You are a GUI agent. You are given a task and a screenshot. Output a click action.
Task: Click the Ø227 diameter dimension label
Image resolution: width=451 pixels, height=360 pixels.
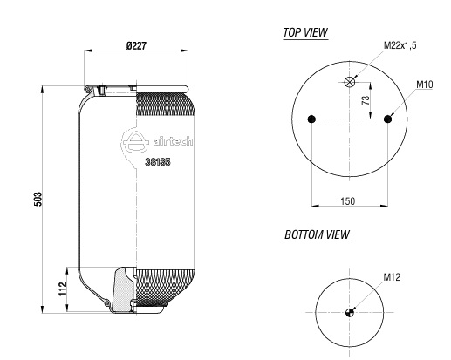136,45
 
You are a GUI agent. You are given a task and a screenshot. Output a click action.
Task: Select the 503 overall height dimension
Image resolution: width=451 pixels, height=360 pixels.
38,199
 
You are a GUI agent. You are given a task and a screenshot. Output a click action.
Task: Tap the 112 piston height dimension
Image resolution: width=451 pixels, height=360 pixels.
63,289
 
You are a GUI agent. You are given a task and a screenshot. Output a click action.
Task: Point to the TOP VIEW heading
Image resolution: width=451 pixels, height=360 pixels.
305,32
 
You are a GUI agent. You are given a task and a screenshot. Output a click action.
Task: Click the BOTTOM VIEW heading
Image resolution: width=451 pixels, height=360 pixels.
317,234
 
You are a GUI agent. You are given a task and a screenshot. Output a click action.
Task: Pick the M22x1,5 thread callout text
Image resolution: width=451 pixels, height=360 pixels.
400,45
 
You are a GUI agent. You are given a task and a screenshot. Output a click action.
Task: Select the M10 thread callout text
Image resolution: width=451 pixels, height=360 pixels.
425,85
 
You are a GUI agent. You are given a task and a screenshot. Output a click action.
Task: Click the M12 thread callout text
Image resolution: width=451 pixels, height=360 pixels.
392,277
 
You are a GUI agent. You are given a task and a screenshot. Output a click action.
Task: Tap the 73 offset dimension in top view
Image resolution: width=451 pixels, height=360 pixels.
366,100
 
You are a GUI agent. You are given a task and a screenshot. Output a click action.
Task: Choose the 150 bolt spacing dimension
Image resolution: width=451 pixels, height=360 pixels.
348,201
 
